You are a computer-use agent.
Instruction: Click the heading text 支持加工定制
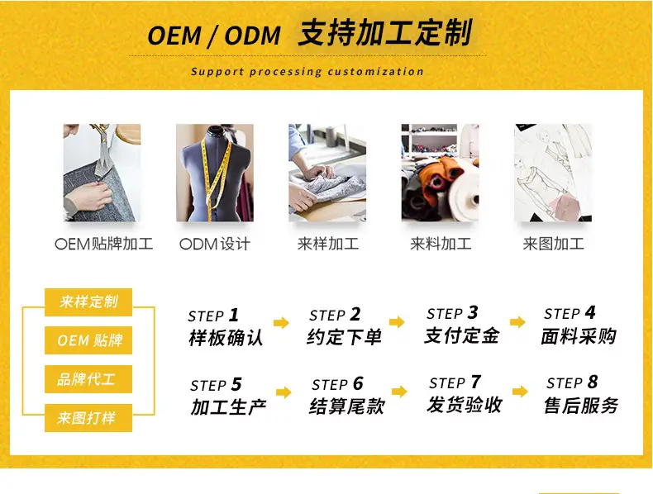coord(385,33)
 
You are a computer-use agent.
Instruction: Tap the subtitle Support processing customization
coord(307,72)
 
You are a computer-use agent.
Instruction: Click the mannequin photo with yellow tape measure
coord(214,173)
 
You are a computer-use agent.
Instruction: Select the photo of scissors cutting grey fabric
coord(102,173)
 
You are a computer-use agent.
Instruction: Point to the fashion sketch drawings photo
coord(553,173)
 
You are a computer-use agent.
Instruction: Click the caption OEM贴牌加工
coord(103,244)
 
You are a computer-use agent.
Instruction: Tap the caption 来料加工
coord(441,244)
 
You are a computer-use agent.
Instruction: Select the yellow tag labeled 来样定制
coord(88,302)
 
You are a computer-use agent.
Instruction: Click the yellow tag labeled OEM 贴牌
coord(88,340)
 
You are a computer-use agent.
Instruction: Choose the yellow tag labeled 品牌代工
coord(88,379)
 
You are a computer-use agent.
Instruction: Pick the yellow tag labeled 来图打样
coord(88,418)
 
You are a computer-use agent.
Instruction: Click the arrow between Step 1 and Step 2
coord(281,322)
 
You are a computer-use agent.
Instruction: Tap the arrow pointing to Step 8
coord(520,392)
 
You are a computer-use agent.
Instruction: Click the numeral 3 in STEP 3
coord(473,312)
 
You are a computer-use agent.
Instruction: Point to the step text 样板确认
coord(226,338)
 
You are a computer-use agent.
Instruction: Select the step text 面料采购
coord(579,336)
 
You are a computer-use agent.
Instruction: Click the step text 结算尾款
coord(347,406)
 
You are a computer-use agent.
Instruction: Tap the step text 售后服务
coord(581,406)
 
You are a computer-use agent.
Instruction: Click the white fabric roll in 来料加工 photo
coord(464,192)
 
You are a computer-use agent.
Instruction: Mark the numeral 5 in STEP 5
coord(236,385)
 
